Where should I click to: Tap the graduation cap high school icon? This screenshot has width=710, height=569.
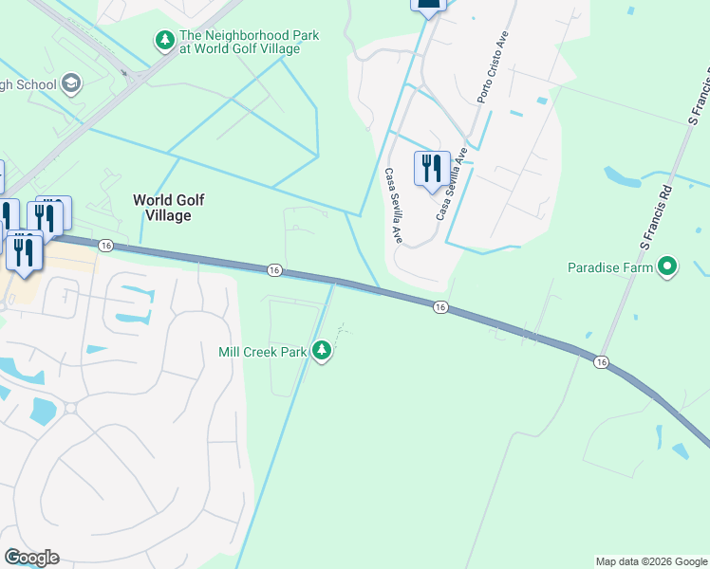(70, 85)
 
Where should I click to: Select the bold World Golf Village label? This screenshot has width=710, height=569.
(169, 208)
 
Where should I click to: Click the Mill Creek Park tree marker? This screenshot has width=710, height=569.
(323, 352)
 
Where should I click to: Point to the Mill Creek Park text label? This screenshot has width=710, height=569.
(263, 352)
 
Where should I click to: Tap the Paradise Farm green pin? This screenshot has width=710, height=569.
(667, 267)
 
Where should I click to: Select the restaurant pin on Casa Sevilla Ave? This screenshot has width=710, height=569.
(432, 169)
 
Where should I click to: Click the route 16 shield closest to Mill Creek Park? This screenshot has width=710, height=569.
(273, 270)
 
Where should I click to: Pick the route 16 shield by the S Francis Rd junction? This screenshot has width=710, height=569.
(601, 362)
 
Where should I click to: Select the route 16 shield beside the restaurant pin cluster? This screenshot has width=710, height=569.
(105, 246)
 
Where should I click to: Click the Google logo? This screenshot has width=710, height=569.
(31, 558)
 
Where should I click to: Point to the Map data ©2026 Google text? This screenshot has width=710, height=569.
(652, 561)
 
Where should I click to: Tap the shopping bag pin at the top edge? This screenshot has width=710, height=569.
(428, 4)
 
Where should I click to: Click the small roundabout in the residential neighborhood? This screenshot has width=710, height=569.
(70, 409)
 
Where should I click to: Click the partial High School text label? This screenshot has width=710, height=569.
(28, 85)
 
